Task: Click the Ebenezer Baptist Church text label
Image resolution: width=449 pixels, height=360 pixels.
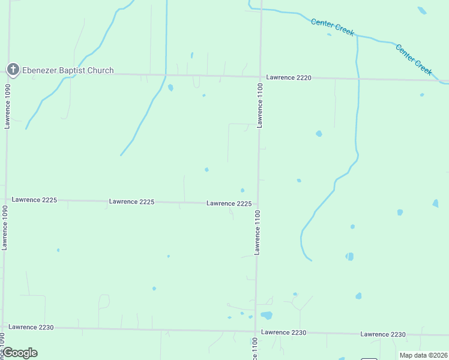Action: (x=68, y=70)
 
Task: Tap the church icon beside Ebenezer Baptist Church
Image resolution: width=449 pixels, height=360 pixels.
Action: (x=13, y=70)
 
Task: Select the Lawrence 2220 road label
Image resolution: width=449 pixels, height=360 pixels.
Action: (x=289, y=77)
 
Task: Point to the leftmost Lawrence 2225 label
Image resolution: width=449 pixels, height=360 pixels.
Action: (x=34, y=200)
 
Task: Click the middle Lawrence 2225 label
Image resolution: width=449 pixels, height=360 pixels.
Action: (x=131, y=202)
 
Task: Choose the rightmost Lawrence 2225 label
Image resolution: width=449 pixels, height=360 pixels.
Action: (x=229, y=203)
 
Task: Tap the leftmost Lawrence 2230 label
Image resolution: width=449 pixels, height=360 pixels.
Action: (x=31, y=327)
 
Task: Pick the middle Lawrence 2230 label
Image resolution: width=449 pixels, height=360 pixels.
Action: (x=283, y=332)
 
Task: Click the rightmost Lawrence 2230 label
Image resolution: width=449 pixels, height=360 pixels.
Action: (x=383, y=334)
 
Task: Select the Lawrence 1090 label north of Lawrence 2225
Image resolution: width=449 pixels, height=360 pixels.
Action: (x=7, y=106)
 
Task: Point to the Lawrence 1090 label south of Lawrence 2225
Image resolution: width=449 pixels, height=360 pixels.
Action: (x=5, y=227)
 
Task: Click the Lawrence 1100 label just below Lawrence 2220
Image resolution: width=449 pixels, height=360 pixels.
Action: (x=261, y=106)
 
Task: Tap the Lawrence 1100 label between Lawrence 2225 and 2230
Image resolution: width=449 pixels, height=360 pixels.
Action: (x=257, y=232)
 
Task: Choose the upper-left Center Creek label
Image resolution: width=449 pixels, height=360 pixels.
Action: (x=333, y=27)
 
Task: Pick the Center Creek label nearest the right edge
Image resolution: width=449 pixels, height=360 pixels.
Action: (x=414, y=59)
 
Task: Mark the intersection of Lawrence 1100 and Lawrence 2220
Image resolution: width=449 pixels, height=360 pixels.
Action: (x=261, y=77)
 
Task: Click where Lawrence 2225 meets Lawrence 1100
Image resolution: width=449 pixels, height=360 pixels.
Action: (x=258, y=204)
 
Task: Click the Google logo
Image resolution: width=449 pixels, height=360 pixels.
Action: (x=20, y=353)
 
